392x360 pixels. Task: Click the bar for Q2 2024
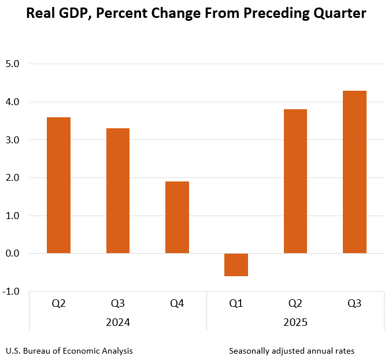click(x=58, y=185)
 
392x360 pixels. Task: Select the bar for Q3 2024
click(x=118, y=191)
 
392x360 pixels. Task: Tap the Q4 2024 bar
click(x=177, y=217)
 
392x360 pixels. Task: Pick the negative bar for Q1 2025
click(x=236, y=265)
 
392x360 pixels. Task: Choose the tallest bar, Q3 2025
click(x=354, y=172)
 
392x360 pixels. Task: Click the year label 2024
click(x=118, y=322)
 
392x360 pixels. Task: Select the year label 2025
click(x=295, y=322)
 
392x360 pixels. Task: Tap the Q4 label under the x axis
click(x=177, y=303)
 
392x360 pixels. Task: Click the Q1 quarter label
click(x=236, y=303)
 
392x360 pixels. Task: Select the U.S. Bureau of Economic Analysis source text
click(x=69, y=351)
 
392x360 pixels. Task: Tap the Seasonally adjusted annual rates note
click(x=291, y=351)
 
